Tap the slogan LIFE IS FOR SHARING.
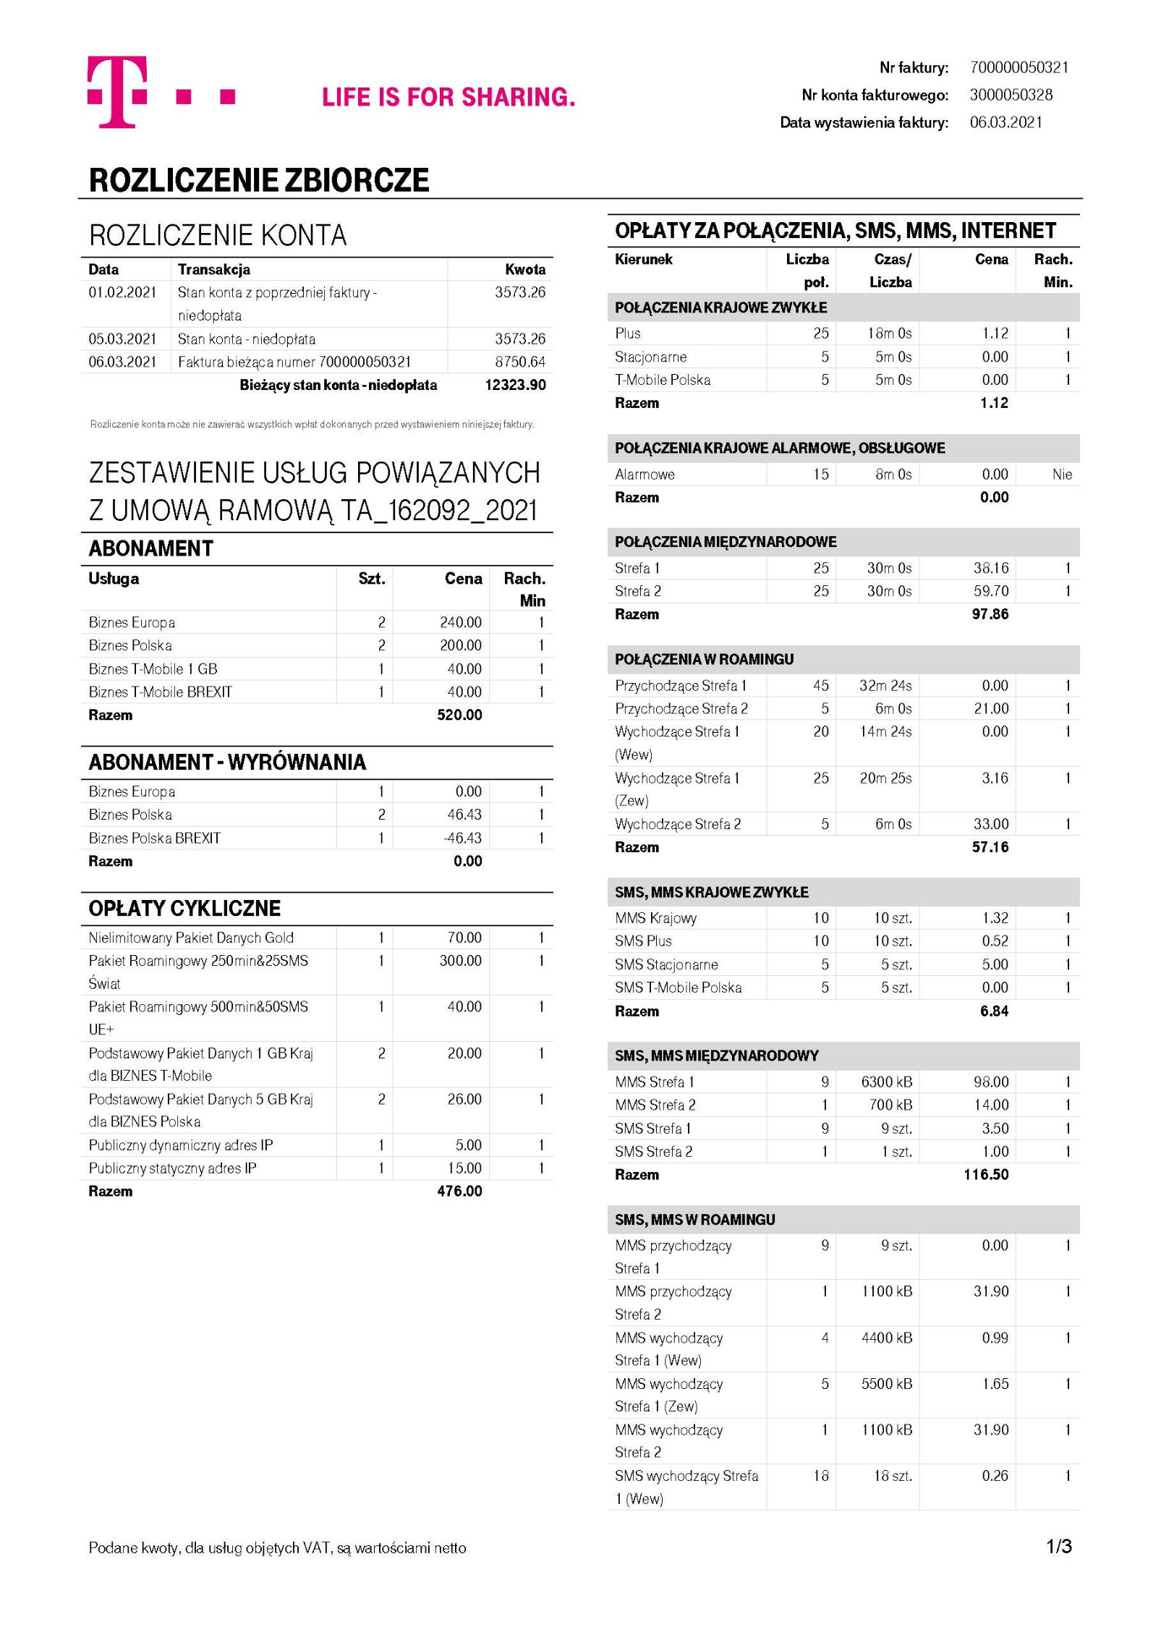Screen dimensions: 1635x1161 448,97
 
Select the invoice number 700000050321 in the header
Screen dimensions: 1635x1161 1018,68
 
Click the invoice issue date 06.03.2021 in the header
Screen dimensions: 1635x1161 1005,122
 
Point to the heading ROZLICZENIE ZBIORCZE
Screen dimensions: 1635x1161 259,180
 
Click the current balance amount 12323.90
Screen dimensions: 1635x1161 515,385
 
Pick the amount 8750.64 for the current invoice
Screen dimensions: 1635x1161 520,362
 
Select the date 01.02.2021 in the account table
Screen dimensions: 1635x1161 122,292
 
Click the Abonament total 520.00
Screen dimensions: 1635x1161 459,715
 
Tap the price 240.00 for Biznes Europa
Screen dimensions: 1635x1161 461,622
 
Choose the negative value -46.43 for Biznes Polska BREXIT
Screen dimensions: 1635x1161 463,838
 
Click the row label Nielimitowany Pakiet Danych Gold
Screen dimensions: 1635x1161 191,938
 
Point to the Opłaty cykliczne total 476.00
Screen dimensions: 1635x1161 459,1191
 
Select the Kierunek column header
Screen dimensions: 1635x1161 644,259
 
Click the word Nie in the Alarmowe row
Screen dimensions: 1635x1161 1062,475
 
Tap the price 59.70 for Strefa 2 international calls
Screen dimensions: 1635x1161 990,591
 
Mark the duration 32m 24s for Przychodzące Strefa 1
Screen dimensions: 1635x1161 885,685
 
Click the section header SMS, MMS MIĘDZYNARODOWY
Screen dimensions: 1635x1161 716,1056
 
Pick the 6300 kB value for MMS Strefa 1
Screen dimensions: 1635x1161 886,1082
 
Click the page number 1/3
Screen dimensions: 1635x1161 1058,1547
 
